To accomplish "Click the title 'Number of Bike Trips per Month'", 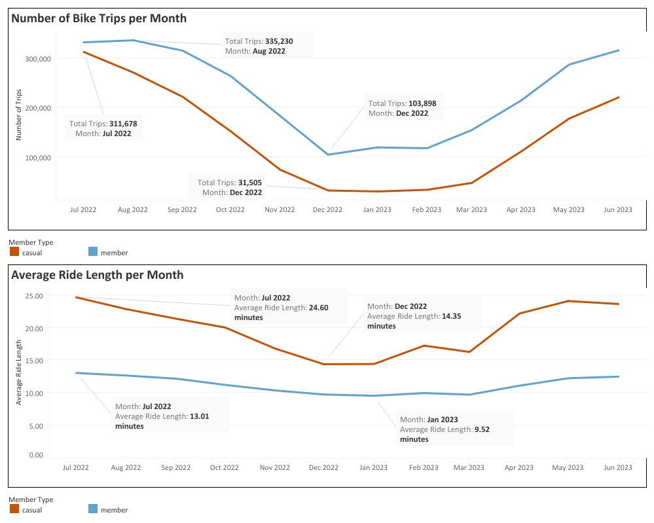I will coord(99,18).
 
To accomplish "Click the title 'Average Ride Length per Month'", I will coord(98,275).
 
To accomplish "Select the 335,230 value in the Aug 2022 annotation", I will coord(279,41).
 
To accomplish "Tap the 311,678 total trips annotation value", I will coord(122,124).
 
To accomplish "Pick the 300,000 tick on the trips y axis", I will coord(37,59).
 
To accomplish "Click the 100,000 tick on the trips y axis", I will coord(37,158).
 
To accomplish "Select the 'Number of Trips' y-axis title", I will coord(19,115).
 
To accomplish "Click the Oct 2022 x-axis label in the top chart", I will coord(230,210).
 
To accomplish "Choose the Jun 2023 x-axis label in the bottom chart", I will coord(617,468).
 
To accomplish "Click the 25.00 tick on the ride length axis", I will coord(34,296).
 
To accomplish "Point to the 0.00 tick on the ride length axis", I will coord(36,455).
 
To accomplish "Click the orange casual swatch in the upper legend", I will coord(14,252).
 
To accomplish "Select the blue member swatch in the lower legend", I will coord(93,509).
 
